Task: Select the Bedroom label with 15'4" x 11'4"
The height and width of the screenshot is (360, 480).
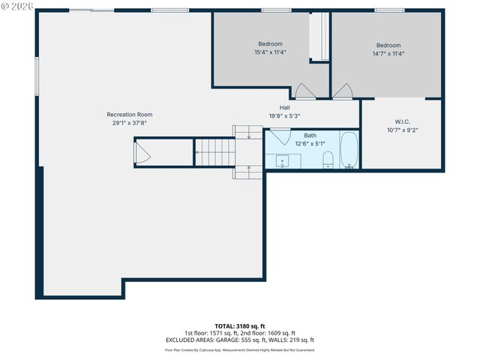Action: coord(271,44)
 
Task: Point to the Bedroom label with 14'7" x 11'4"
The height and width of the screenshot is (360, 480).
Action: coord(388,45)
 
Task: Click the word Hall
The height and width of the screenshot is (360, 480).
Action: coord(285,107)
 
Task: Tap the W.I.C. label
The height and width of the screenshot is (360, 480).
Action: coord(402,121)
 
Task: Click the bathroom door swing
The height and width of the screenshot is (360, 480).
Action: coord(280,137)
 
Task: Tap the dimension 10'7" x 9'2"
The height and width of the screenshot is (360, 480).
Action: coord(402,130)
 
